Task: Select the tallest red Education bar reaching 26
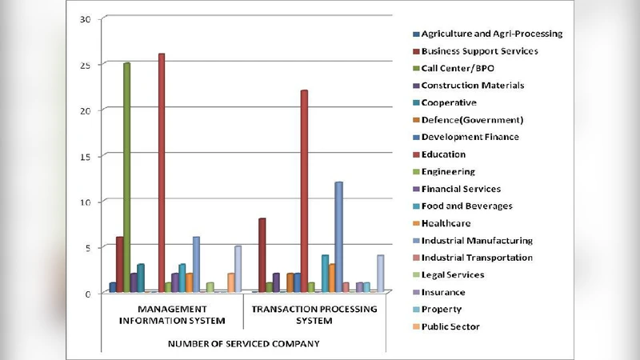click(x=162, y=173)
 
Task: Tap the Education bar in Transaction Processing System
click(x=304, y=191)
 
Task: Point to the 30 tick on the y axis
click(x=86, y=18)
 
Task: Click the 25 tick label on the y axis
click(x=86, y=64)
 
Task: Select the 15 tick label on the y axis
click(x=86, y=156)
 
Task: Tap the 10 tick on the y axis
click(x=86, y=202)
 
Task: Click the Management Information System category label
click(x=172, y=315)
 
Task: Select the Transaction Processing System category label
click(x=314, y=315)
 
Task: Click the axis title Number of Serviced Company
click(x=243, y=343)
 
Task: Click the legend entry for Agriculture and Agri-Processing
click(x=491, y=34)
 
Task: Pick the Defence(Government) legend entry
click(x=472, y=120)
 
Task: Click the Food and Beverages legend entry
click(x=466, y=206)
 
